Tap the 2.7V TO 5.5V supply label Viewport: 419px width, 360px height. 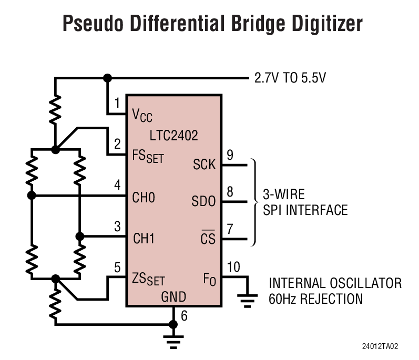[290, 79]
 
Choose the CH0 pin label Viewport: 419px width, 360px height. [144, 198]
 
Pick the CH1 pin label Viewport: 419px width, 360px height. [144, 238]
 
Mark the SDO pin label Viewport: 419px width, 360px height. [203, 201]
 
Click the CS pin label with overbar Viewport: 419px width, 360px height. [208, 239]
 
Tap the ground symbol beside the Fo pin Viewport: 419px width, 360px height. [244, 301]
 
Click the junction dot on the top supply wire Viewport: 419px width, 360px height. [108, 78]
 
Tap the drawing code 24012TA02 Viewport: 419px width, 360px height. [380, 347]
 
